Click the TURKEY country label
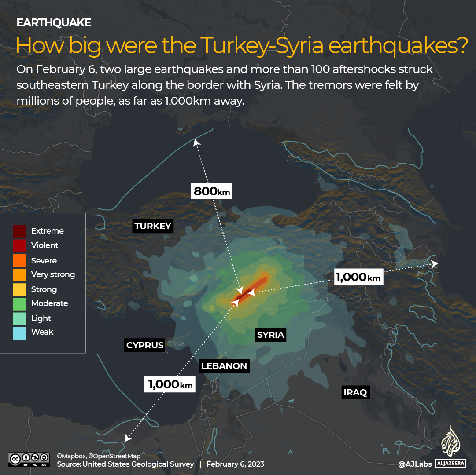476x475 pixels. pyautogui.click(x=153, y=227)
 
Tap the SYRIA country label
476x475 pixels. pyautogui.click(x=271, y=335)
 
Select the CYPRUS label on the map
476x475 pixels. pyautogui.click(x=145, y=345)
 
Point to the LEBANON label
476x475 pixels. pyautogui.click(x=224, y=366)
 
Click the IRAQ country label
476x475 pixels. pyautogui.click(x=355, y=393)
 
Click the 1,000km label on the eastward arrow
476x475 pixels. pyautogui.click(x=358, y=277)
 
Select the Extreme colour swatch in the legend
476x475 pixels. pyautogui.click(x=19, y=231)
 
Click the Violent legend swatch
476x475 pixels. pyautogui.click(x=19, y=245)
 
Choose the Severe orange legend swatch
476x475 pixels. pyautogui.click(x=19, y=260)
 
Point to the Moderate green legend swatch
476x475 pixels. pyautogui.click(x=19, y=303)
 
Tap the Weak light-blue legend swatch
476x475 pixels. pyautogui.click(x=19, y=332)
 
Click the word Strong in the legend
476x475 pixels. pyautogui.click(x=44, y=289)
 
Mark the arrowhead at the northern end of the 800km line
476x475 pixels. pyautogui.click(x=196, y=142)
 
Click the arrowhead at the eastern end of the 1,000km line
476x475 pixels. pyautogui.click(x=435, y=264)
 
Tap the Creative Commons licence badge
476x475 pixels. pyautogui.click(x=29, y=459)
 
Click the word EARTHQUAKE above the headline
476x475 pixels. pyautogui.click(x=54, y=23)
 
